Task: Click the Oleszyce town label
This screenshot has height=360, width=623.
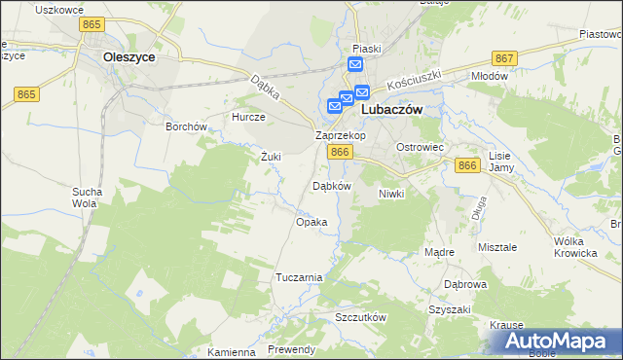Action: pyautogui.click(x=128, y=57)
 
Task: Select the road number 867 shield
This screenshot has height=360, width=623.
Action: pyautogui.click(x=503, y=59)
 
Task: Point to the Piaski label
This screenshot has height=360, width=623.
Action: pyautogui.click(x=367, y=48)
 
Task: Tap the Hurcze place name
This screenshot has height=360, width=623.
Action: pyautogui.click(x=248, y=117)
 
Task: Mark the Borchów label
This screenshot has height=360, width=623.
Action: pyautogui.click(x=186, y=126)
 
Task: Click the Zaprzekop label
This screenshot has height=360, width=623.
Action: pyautogui.click(x=340, y=136)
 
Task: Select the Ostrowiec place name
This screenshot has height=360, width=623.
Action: pyautogui.click(x=420, y=146)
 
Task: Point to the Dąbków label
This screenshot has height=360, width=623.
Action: pyautogui.click(x=330, y=185)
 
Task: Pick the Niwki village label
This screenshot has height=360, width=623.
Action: pyautogui.click(x=390, y=194)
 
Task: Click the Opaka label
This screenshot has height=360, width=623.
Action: pyautogui.click(x=311, y=222)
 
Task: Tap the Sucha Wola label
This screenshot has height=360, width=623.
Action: pyautogui.click(x=86, y=198)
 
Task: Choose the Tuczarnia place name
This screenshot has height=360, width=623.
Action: pyautogui.click(x=299, y=277)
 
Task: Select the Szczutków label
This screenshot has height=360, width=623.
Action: pyautogui.click(x=361, y=318)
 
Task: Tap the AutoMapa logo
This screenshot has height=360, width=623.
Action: pyautogui.click(x=558, y=341)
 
